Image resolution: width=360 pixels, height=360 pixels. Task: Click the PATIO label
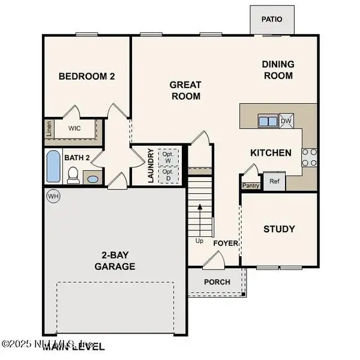[x=271, y=19]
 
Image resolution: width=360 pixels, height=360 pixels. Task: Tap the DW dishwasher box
[x=287, y=121]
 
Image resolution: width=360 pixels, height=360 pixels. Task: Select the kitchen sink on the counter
[x=268, y=121]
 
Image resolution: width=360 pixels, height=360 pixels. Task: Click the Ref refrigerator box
[x=274, y=181]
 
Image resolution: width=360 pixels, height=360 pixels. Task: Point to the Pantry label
[x=250, y=185]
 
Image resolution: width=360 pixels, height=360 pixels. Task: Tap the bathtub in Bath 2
[x=53, y=167]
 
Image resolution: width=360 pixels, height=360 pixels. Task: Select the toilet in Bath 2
[x=73, y=175]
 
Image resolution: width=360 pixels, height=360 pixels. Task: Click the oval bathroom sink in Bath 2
[x=92, y=178]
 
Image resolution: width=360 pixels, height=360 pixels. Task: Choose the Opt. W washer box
[x=167, y=157]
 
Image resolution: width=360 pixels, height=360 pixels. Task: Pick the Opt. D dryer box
[x=167, y=175]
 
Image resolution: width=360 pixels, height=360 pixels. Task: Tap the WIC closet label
[x=75, y=128]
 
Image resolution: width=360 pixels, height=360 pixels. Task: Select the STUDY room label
[x=279, y=229]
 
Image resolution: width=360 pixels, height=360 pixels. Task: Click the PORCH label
[x=217, y=282]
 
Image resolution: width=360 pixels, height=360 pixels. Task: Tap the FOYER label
[x=226, y=244]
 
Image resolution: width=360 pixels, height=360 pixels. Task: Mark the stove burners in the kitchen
[x=309, y=157]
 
